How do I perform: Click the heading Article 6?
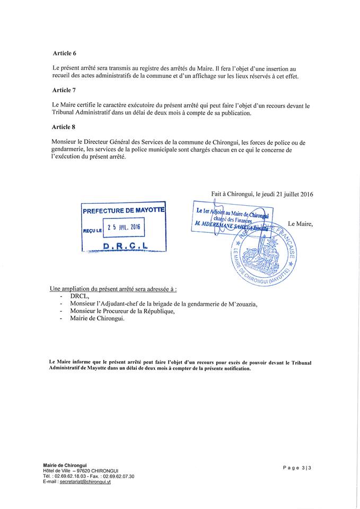click(x=64, y=54)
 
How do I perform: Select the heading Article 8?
click(x=64, y=127)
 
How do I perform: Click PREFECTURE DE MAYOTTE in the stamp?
click(x=124, y=210)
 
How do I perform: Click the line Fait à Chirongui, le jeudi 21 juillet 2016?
click(x=262, y=195)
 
